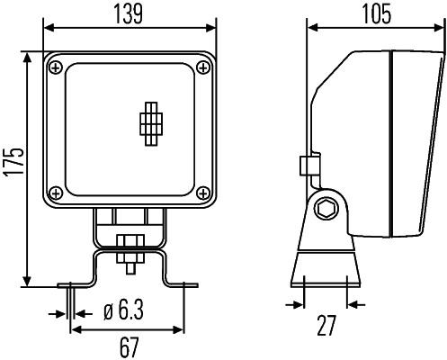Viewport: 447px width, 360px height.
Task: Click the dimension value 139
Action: coord(131,14)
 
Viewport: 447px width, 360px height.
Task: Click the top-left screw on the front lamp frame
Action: coord(57,67)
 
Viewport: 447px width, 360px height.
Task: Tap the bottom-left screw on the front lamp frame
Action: coord(57,192)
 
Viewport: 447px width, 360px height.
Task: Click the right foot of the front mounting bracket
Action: coord(187,285)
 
